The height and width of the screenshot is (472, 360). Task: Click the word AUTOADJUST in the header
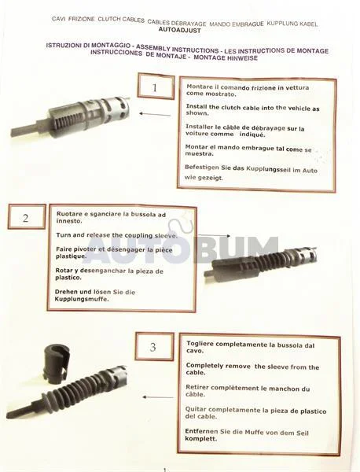pyautogui.click(x=179, y=30)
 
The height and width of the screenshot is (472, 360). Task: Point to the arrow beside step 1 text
pyautogui.click(x=155, y=114)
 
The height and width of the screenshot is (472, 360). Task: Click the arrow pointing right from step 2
pyautogui.click(x=214, y=236)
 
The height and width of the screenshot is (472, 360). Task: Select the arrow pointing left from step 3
pyautogui.click(x=158, y=397)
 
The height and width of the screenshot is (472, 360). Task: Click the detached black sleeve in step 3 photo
pyautogui.click(x=57, y=365)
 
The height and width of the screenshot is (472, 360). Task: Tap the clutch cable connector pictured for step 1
pyautogui.click(x=71, y=116)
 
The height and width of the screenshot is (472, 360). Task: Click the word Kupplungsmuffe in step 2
pyautogui.click(x=81, y=299)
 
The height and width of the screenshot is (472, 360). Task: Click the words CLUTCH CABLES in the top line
pyautogui.click(x=121, y=20)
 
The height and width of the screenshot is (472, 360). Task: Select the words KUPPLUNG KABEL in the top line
pyautogui.click(x=292, y=24)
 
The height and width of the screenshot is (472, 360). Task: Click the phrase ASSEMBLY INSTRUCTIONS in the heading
pyautogui.click(x=177, y=48)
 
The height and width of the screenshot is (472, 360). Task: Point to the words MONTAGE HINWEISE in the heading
pyautogui.click(x=226, y=57)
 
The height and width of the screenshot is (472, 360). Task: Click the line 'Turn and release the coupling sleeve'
pyautogui.click(x=116, y=235)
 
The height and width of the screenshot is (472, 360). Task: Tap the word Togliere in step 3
pyautogui.click(x=200, y=344)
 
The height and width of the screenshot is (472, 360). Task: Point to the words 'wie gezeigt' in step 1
pyautogui.click(x=204, y=177)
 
